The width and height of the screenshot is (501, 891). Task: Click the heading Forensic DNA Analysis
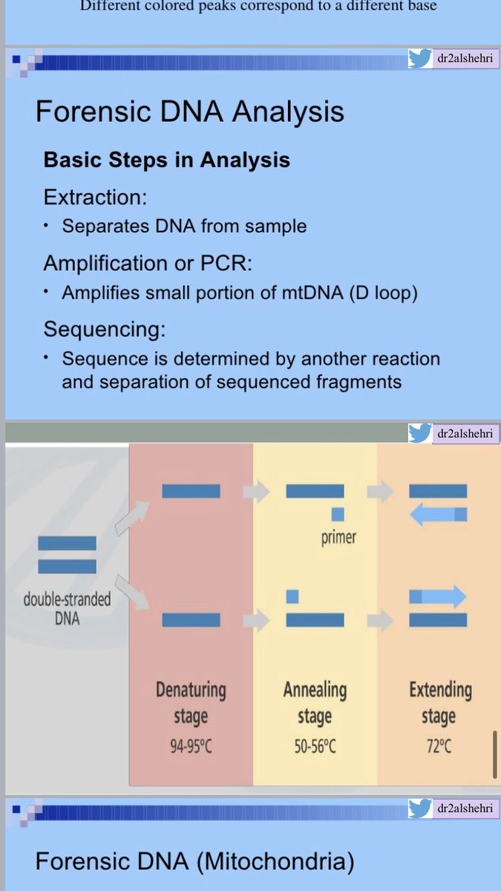tap(190, 111)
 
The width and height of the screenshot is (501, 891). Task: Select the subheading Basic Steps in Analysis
tap(166, 160)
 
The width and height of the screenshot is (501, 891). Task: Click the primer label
tap(338, 538)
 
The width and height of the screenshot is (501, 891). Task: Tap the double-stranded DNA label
tap(67, 608)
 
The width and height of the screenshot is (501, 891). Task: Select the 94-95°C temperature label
tap(191, 745)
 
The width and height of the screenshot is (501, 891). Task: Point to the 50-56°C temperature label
tap(315, 745)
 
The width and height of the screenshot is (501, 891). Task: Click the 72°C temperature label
tap(438, 745)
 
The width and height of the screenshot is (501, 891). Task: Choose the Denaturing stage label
tap(191, 703)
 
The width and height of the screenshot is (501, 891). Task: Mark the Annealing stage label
tap(315, 703)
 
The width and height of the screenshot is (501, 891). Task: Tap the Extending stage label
tap(439, 703)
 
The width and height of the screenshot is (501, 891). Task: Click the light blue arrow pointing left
tap(438, 515)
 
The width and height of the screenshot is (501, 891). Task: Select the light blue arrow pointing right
tap(438, 595)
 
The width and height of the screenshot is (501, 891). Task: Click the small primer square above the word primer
tap(338, 514)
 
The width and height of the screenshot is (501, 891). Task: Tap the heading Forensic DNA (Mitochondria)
tap(194, 861)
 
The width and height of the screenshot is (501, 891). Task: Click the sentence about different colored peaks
tap(258, 6)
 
